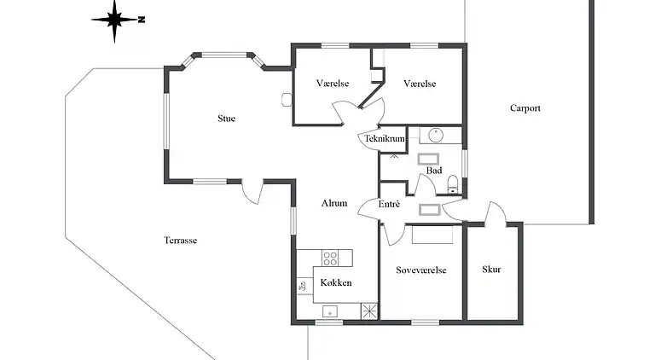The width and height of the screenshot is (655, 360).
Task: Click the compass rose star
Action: tap(114, 20)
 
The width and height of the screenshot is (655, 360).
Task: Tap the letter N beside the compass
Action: tap(142, 20)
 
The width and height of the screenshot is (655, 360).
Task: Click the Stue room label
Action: tap(226, 119)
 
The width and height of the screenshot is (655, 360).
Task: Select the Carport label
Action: tap(525, 108)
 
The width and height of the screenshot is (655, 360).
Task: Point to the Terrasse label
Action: tap(181, 240)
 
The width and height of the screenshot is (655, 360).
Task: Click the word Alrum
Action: tap(334, 203)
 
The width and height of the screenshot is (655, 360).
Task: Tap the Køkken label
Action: tap(336, 282)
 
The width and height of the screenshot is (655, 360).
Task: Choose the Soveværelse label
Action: tap(421, 270)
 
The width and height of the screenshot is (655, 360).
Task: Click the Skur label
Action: tap(491, 270)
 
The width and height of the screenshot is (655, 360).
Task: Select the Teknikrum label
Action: tap(385, 139)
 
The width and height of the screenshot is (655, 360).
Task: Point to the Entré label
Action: tap(389, 204)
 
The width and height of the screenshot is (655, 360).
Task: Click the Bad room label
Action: tap(434, 171)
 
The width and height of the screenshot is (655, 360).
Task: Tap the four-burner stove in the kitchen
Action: tap(330, 258)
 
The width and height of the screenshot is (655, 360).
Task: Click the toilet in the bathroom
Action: tap(453, 184)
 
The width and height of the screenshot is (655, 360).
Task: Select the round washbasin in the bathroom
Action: tap(436, 136)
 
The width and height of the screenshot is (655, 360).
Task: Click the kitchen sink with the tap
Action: tap(305, 286)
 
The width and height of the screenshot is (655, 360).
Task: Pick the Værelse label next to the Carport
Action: tap(420, 84)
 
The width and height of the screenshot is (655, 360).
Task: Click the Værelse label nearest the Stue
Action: tap(333, 83)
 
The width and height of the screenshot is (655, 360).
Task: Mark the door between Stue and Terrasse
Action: tap(252, 192)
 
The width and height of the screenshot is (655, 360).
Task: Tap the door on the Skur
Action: tap(496, 214)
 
